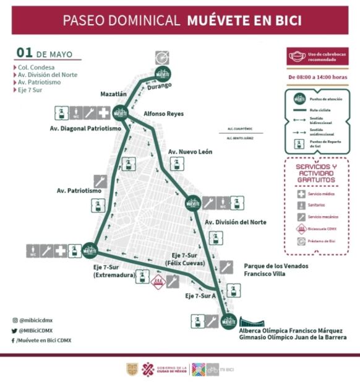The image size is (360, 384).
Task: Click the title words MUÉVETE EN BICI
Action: point(245,20)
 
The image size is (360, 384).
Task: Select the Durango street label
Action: point(159,87)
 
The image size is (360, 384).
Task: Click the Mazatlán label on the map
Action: point(113,94)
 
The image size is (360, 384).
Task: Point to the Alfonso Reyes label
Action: point(164,114)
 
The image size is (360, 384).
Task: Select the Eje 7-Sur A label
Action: point(200,296)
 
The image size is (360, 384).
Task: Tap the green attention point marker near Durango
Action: point(163,72)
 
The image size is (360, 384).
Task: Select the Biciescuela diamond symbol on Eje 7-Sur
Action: point(158,281)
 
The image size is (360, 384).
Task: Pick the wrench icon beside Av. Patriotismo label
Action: point(100,181)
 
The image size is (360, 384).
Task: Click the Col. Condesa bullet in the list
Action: point(36,67)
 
